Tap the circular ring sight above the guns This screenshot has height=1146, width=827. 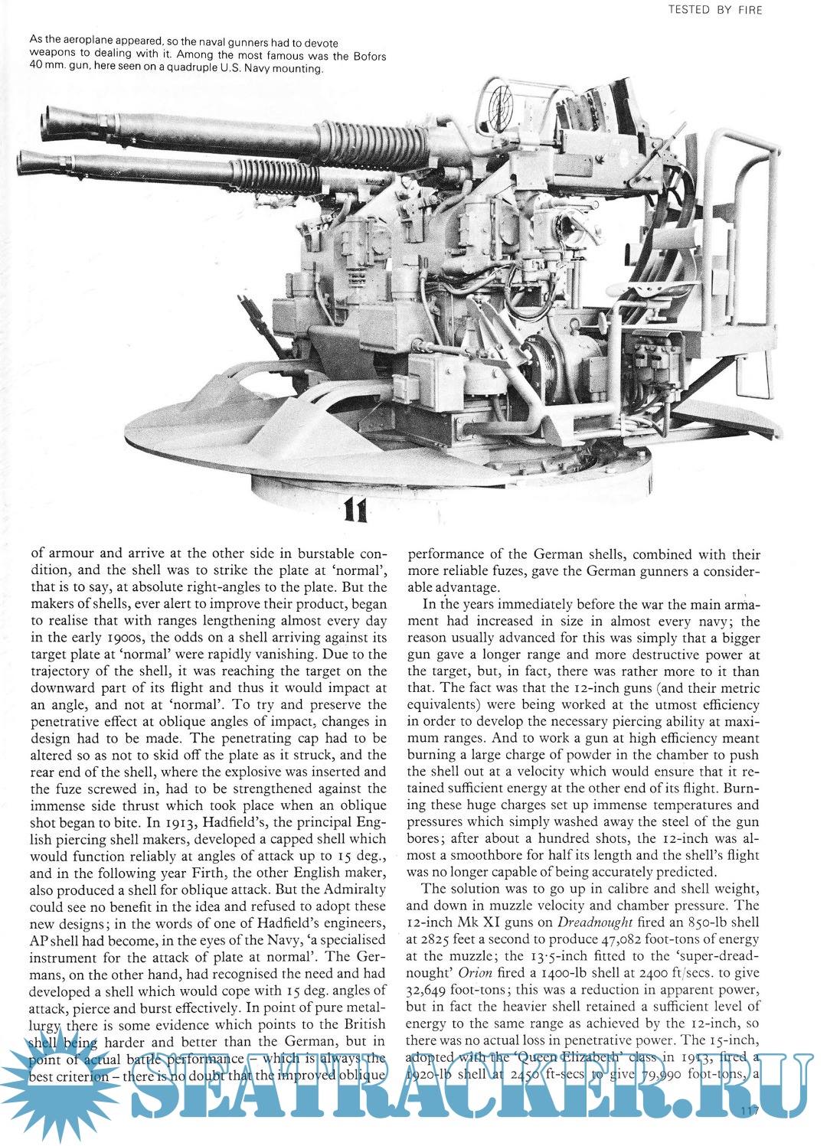tap(498, 101)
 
